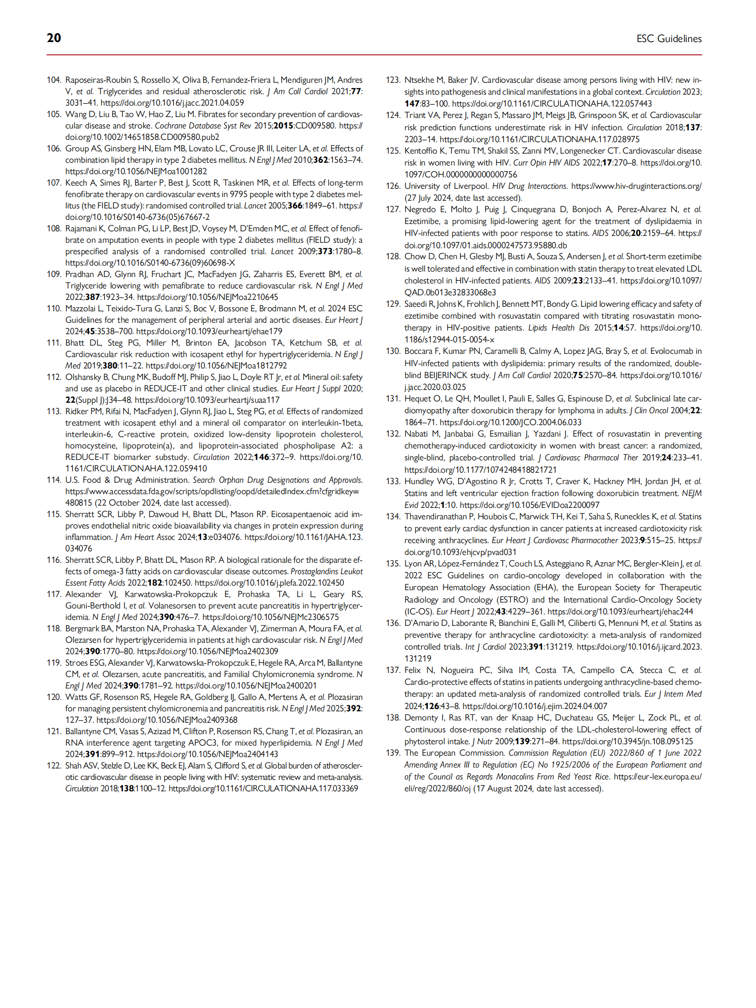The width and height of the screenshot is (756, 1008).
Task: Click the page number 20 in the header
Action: click(54, 38)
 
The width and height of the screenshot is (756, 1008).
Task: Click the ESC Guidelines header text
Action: click(669, 39)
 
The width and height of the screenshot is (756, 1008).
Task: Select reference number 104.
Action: click(53, 80)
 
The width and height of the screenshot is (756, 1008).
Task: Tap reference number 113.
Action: click(53, 411)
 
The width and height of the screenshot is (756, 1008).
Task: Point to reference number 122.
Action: click(53, 766)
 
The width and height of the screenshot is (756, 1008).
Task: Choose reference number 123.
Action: click(393, 80)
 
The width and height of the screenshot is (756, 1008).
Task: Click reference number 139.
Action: click(393, 753)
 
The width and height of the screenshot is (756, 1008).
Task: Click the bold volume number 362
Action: click(320, 160)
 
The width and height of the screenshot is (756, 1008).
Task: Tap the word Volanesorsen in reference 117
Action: click(171, 606)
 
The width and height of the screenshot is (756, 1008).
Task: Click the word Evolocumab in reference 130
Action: click(672, 351)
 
